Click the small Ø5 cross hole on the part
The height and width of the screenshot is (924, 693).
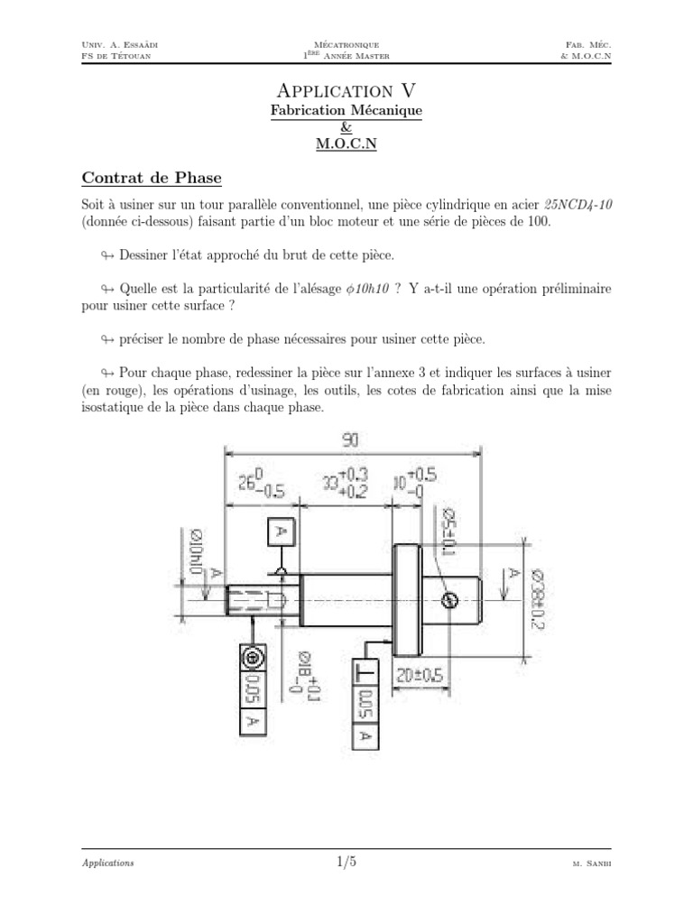(x=448, y=600)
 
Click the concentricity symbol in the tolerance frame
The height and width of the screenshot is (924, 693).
(x=252, y=657)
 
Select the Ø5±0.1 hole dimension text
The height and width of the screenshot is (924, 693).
(x=448, y=531)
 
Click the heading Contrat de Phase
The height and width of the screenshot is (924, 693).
(x=151, y=177)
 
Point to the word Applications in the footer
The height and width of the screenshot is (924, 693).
(x=107, y=864)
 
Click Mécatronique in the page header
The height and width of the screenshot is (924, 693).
(x=346, y=43)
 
